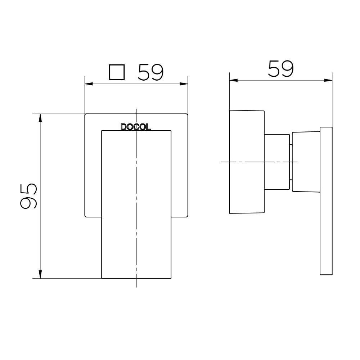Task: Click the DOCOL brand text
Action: (136, 127)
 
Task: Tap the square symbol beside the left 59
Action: (117, 72)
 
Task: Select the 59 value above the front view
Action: (150, 72)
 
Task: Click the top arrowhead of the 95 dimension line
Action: (40, 118)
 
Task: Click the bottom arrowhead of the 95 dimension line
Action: (40, 274)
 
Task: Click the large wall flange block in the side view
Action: (247, 162)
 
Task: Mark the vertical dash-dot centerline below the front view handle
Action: (136, 283)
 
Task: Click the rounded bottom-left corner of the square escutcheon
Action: (86, 216)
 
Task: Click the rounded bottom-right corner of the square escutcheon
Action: (187, 216)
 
